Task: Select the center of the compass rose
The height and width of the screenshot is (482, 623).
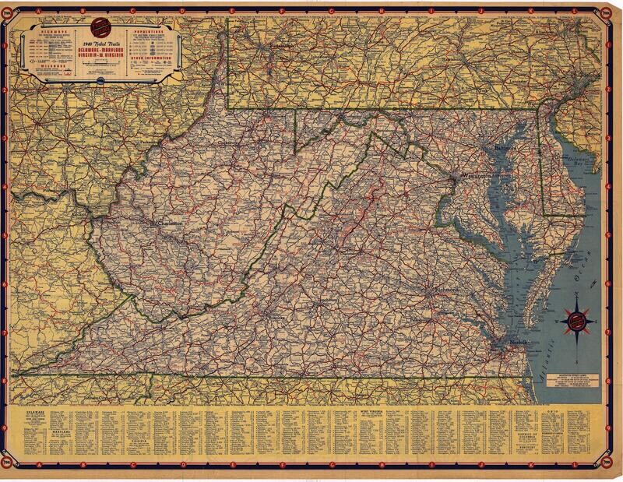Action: [x=578, y=318]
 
